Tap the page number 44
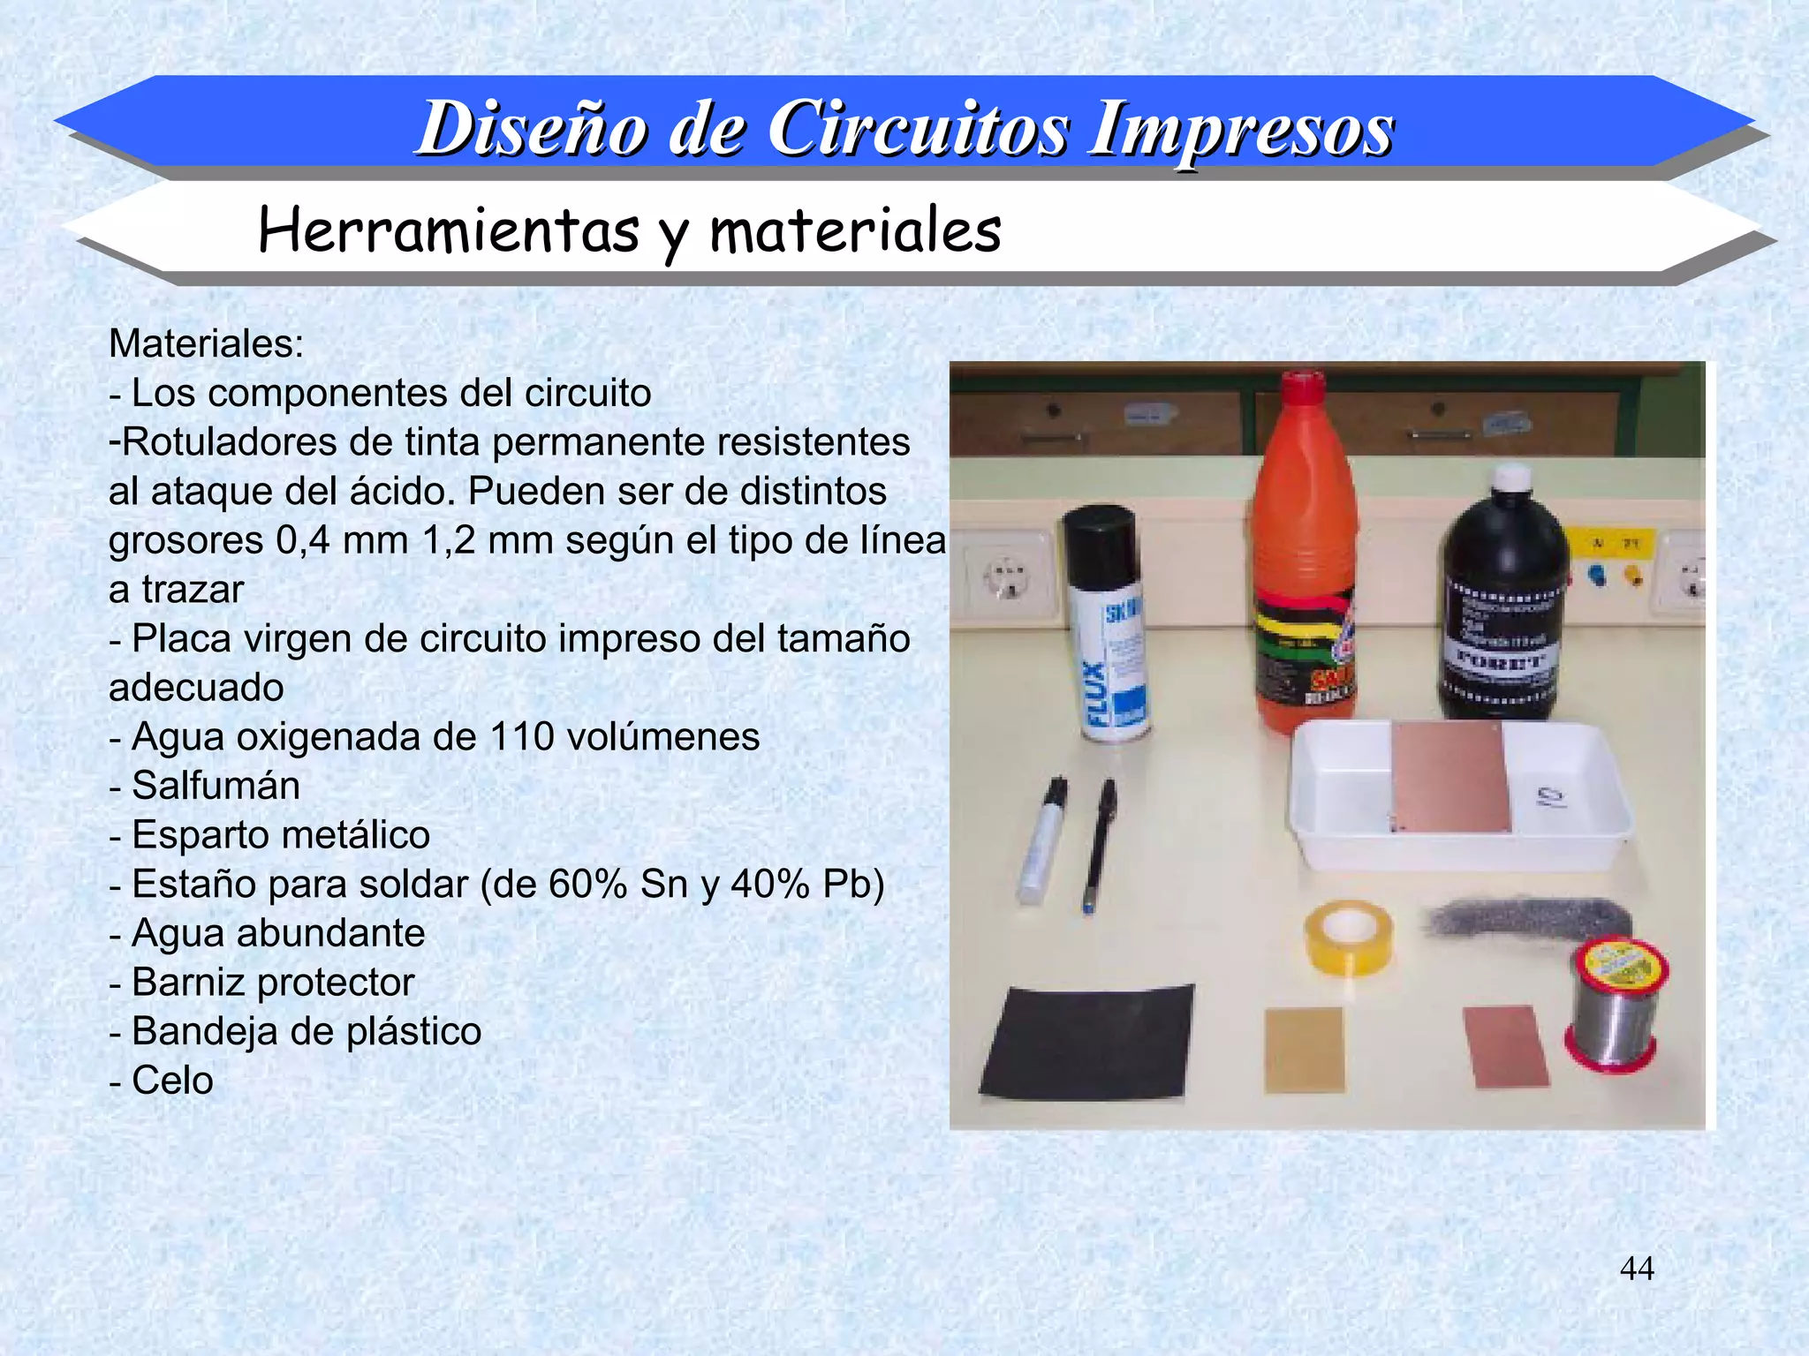[x=1637, y=1269]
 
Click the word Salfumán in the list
[x=216, y=786]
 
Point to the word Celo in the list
[x=172, y=1081]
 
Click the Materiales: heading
[x=206, y=343]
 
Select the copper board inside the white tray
[x=1449, y=777]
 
